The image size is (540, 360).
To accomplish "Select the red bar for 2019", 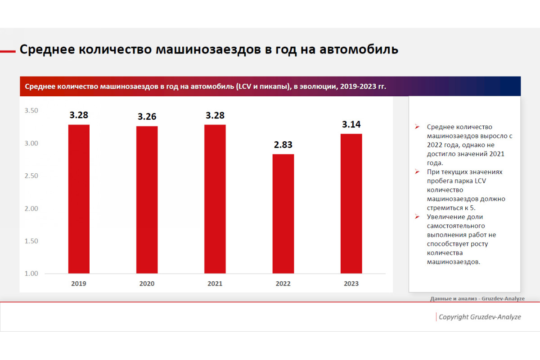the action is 79,199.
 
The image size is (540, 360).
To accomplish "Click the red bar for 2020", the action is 147,200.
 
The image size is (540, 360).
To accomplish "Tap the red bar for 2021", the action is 215,199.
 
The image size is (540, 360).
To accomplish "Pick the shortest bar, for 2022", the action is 283,214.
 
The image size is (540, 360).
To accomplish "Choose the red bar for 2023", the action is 351,203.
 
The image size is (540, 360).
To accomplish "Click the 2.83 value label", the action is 283,145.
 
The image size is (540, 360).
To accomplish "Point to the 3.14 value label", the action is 351,124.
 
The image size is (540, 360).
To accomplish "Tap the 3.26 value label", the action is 147,117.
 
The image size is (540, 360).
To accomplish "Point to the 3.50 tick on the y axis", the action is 31,110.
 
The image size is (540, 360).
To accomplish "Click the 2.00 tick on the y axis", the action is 31,208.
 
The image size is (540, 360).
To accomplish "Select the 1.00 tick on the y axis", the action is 31,274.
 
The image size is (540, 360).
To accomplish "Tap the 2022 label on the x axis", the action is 283,283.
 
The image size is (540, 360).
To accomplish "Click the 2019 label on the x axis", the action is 79,283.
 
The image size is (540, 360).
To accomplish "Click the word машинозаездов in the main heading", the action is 208,50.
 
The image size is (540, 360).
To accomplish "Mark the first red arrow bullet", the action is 417,126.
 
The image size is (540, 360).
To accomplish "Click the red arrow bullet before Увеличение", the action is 417,216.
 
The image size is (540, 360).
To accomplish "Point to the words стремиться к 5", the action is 451,208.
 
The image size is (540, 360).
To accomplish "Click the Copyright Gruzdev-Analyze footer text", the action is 480,317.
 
